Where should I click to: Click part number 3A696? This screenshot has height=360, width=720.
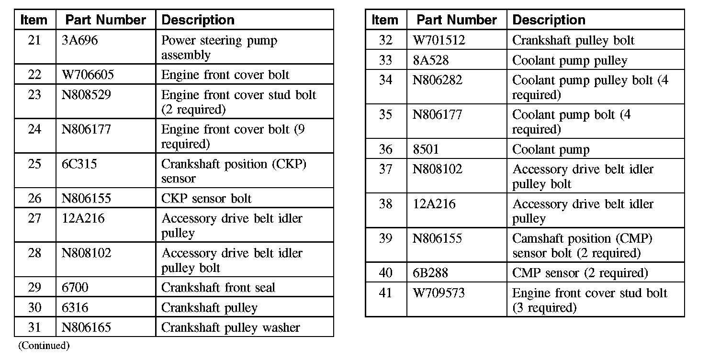[x=79, y=41]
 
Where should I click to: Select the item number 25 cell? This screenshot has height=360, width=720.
[x=34, y=164]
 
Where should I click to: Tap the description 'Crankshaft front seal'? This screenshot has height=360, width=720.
[x=218, y=288]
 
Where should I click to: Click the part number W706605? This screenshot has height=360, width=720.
[x=88, y=75]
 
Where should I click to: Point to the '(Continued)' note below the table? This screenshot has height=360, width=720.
[x=44, y=346]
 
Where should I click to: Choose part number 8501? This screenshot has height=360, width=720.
[x=426, y=150]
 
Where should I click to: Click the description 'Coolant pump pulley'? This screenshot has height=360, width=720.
[x=569, y=61]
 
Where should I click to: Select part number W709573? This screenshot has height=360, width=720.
[x=439, y=293]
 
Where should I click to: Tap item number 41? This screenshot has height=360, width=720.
[x=385, y=293]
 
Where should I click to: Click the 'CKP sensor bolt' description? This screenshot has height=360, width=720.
[x=206, y=199]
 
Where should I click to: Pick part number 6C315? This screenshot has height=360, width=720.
[x=79, y=164]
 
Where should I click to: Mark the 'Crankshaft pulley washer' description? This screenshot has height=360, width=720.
[x=230, y=328]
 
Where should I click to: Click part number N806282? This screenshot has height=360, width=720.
[x=438, y=80]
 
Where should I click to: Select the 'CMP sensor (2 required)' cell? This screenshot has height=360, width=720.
[x=580, y=273]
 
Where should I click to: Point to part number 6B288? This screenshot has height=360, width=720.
[x=431, y=273]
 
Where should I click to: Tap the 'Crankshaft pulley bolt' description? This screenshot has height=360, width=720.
[x=573, y=41]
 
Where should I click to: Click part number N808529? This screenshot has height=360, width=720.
[x=86, y=95]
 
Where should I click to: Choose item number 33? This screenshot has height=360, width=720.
[x=385, y=61]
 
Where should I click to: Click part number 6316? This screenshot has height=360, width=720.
[x=75, y=308]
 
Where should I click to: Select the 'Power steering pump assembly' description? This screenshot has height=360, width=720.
[x=219, y=47]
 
